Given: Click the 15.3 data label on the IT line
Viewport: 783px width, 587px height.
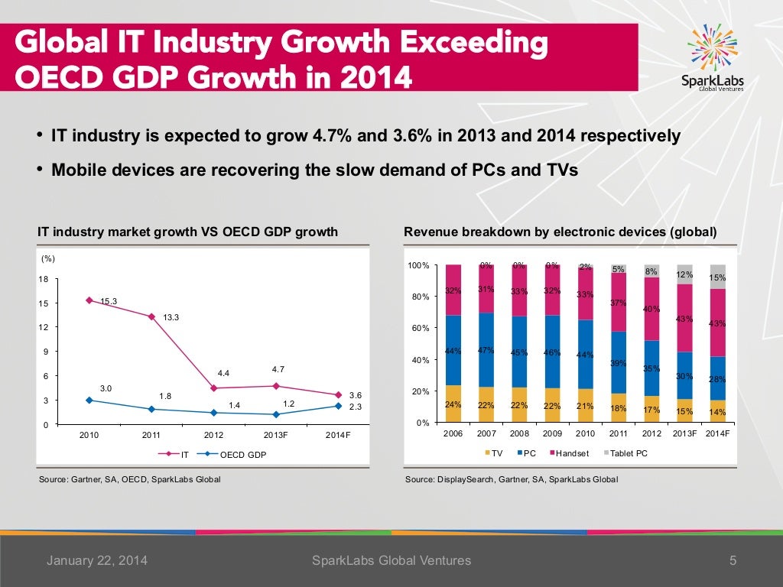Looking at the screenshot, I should coord(109,300).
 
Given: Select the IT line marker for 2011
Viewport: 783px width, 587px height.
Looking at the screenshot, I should coord(152,316).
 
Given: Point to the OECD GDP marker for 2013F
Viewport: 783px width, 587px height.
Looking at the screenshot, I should coord(276,414).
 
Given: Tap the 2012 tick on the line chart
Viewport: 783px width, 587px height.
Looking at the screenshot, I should coord(214,435).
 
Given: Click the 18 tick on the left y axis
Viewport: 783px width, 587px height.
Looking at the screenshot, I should coord(44,279).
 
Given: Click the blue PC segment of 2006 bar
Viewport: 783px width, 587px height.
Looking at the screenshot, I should coord(453,350).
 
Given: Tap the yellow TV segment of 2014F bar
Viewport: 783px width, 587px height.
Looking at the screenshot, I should coord(718,411).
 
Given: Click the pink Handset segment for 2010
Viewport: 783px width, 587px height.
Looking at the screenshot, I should coord(585,293).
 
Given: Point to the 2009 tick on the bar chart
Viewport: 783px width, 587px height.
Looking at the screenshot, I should coord(552,433).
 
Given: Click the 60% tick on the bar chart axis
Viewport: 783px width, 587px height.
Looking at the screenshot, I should coord(419,329).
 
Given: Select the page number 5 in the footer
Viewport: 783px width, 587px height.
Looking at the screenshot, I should coord(733,561).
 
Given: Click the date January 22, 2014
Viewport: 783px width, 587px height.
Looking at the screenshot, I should coord(97,561).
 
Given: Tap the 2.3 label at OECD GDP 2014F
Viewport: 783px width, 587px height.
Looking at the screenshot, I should coord(355,407).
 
